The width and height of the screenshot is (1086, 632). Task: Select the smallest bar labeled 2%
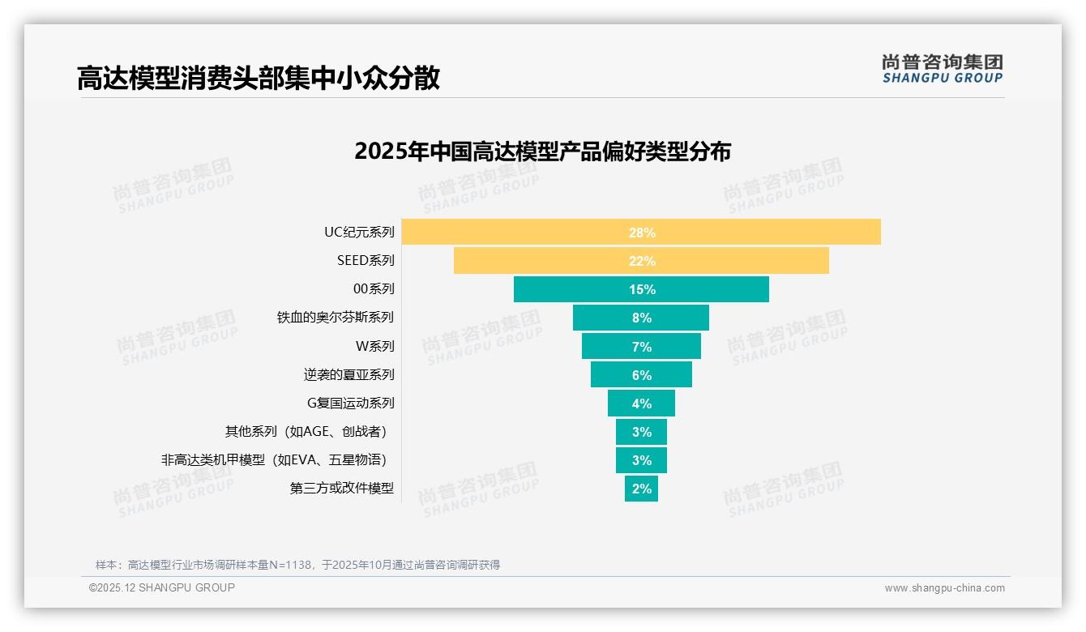pos(641,489)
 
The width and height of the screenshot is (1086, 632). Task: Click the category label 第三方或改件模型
pos(342,489)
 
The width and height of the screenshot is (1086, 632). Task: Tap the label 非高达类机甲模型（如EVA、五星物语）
pos(273,460)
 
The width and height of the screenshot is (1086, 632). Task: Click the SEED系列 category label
pos(366,261)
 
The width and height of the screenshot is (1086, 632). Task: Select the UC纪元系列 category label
pos(359,233)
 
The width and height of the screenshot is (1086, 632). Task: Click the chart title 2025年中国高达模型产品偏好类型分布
pos(542,152)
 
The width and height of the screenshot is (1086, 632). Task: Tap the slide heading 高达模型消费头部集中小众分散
pos(259,79)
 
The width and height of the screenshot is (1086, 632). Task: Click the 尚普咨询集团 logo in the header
pos(943,68)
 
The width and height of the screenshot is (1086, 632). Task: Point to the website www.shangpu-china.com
pos(944,588)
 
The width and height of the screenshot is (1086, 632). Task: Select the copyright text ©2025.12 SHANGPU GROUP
pos(162,588)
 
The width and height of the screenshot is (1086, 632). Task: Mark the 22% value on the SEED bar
pos(642,261)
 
